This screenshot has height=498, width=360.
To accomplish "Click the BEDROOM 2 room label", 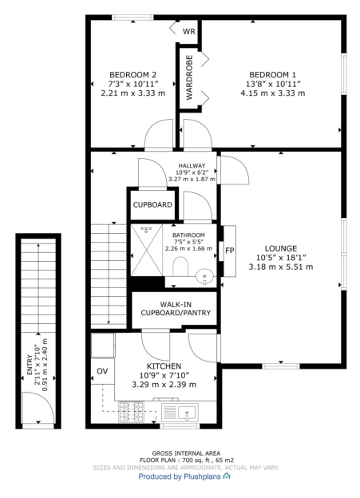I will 133,75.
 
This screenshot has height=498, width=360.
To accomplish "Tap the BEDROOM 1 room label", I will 272,75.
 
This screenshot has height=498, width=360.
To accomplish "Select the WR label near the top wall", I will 189,32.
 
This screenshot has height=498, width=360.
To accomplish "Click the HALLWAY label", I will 192,165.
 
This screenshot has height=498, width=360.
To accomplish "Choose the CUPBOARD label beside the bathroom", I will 152,205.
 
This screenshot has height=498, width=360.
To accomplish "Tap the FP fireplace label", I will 229,250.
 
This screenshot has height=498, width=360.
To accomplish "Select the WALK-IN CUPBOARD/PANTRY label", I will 176,309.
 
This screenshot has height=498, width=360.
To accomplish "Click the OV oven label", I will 102,372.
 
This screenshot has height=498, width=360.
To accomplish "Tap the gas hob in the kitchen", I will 131,413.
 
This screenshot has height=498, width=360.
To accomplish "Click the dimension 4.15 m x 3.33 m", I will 272,93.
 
